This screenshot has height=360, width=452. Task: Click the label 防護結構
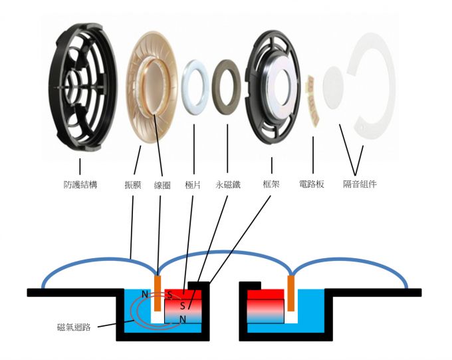pyautogui.click(x=80, y=184)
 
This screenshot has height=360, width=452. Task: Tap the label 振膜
pyautogui.click(x=133, y=184)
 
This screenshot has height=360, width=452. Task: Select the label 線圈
pyautogui.click(x=162, y=185)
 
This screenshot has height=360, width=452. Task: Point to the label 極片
pyautogui.click(x=193, y=184)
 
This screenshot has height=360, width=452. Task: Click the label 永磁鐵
pyautogui.click(x=228, y=184)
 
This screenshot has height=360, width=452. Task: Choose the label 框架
pyautogui.click(x=271, y=184)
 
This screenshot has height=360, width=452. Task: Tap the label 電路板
pyautogui.click(x=312, y=184)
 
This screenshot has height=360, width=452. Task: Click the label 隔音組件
pyautogui.click(x=360, y=184)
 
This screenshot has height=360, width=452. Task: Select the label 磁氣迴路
pyautogui.click(x=74, y=327)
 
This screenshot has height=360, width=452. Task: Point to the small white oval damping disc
pyautogui.click(x=333, y=88)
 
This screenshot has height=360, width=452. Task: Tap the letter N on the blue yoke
pyautogui.click(x=145, y=295)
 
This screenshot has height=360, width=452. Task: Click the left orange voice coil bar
pyautogui.click(x=158, y=293)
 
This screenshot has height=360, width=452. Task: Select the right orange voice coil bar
pyautogui.click(x=291, y=293)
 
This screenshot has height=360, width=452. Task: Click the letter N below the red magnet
pyautogui.click(x=183, y=319)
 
